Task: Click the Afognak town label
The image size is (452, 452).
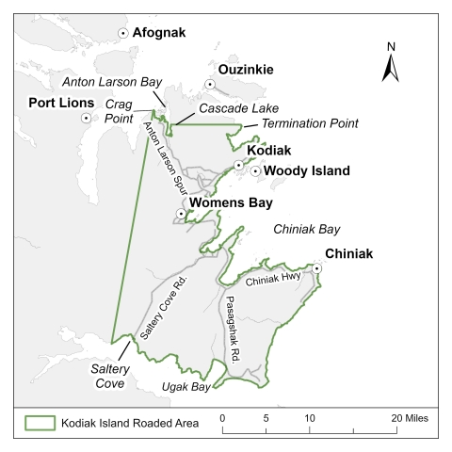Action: tap(160, 33)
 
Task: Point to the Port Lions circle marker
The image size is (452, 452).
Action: tap(87, 119)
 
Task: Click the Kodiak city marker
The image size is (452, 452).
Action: tap(239, 167)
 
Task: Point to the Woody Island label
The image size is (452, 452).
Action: tap(306, 171)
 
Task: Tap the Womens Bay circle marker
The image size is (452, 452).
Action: tap(181, 214)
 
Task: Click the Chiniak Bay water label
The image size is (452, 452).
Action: tap(306, 229)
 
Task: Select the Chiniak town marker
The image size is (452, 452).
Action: tap(317, 269)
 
